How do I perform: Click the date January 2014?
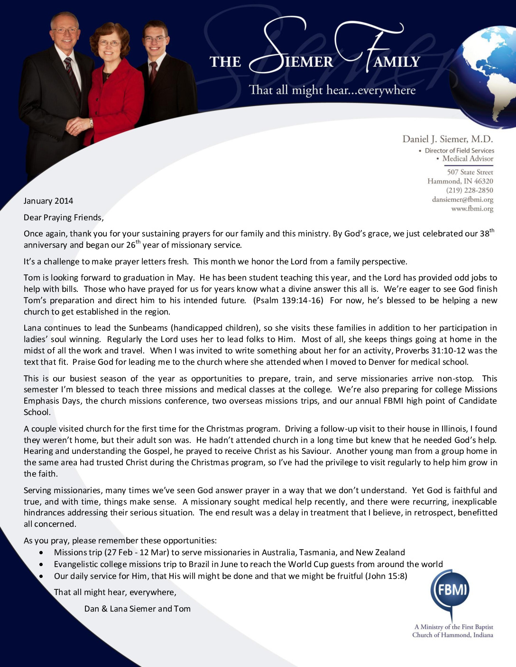pyautogui.click(x=48, y=201)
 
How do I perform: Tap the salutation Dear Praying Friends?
pyautogui.click(x=64, y=217)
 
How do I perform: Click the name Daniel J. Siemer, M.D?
pyautogui.click(x=447, y=139)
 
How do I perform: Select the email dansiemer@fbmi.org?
pyautogui.click(x=462, y=199)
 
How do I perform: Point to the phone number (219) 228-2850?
pyautogui.click(x=469, y=190)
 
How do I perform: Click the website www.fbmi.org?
pyautogui.click(x=472, y=208)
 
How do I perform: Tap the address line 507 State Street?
pyautogui.click(x=470, y=172)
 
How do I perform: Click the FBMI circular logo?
pyautogui.click(x=449, y=590)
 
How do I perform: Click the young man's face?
pyautogui.click(x=155, y=40)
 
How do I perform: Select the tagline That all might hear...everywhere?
pyautogui.click(x=332, y=90)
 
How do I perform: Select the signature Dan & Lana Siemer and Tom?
pyautogui.click(x=137, y=609)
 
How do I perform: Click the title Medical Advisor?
pyautogui.click(x=467, y=159)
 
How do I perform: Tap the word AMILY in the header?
pyautogui.click(x=396, y=62)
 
